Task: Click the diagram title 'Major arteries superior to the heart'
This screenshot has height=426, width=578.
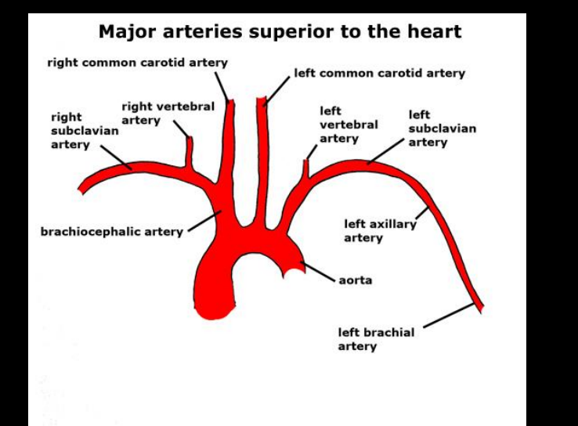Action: pos(280,32)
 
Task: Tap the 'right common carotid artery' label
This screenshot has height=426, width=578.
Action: pos(137,62)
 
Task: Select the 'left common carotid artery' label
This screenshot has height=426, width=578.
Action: pos(379,73)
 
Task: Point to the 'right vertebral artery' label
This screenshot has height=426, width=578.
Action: pos(168,113)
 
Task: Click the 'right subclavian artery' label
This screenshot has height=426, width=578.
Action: pos(85,131)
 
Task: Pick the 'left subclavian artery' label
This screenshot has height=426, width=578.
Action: pos(442,128)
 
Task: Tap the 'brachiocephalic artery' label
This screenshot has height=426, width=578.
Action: pos(111,232)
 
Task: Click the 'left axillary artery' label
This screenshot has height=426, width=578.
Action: pos(380,231)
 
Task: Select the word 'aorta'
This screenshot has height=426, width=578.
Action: pos(356,280)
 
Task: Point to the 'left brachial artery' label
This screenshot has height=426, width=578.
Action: pos(376,338)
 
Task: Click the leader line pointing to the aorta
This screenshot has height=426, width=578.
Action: pos(317,271)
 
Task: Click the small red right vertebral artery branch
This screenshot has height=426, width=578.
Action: pos(189,150)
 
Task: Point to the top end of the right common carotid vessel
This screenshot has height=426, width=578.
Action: pos(230,103)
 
